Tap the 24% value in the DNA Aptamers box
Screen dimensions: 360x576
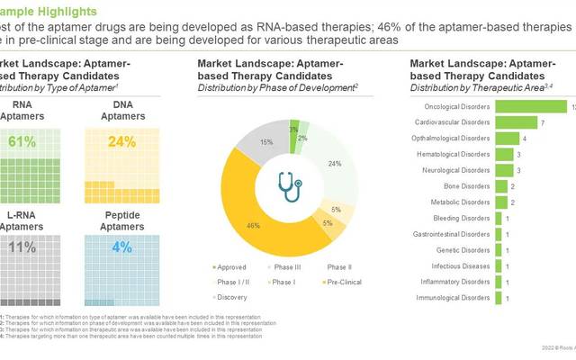coord(118,141)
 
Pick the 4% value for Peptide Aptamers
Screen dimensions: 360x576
coord(118,247)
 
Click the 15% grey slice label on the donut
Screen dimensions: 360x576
coord(241,142)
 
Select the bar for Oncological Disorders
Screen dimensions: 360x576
coord(531,106)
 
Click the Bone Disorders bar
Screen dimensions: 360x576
coord(501,186)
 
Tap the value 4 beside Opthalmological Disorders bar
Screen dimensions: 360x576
coord(525,139)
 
